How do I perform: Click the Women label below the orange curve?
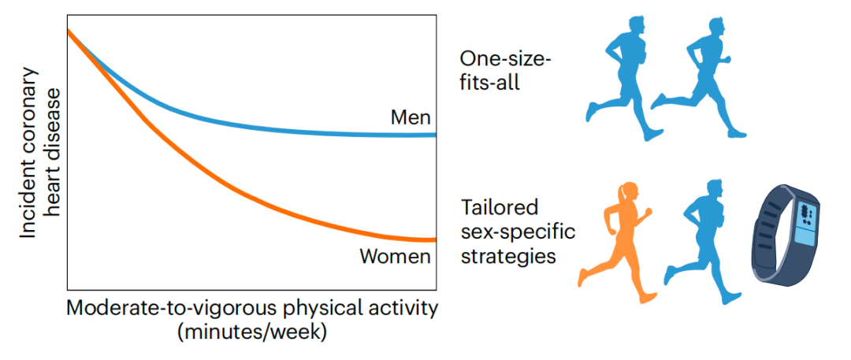click(395, 257)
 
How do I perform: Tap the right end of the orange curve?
click(433, 239)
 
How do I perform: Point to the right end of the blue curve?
click(433, 135)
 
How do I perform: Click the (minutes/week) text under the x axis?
click(252, 332)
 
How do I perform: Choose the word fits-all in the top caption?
click(490, 81)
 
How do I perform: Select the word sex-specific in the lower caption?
click(518, 232)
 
